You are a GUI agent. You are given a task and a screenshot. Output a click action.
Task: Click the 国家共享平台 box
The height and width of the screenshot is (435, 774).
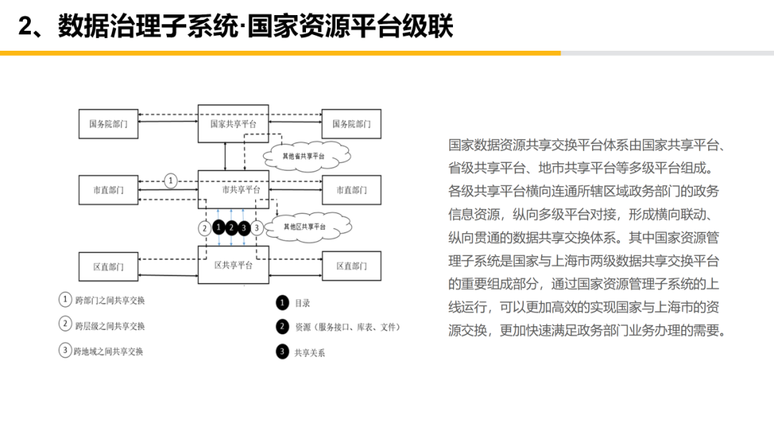[234, 124]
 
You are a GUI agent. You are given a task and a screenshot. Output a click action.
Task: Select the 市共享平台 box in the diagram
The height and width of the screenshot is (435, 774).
[234, 190]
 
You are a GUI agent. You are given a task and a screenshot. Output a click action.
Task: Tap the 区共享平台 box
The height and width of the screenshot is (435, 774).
[234, 265]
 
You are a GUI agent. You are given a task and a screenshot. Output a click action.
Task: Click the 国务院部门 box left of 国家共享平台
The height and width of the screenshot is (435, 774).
[108, 124]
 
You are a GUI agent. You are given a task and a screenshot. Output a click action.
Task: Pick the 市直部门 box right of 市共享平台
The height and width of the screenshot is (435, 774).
[351, 190]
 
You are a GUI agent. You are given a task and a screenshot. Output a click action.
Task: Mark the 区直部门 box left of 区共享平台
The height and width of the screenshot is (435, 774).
[108, 266]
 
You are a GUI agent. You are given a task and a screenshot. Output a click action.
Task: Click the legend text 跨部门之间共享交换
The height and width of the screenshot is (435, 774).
[110, 300]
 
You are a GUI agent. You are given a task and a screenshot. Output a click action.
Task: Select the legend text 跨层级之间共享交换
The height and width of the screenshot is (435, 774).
[110, 326]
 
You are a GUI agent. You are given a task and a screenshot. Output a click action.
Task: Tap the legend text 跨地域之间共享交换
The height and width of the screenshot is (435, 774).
[109, 351]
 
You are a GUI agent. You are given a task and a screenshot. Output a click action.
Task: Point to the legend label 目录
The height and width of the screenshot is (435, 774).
[302, 303]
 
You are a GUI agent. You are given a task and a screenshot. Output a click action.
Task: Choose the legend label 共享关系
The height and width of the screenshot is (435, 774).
[310, 352]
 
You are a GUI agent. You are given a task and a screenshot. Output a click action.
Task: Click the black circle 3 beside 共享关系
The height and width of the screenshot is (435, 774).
[282, 351]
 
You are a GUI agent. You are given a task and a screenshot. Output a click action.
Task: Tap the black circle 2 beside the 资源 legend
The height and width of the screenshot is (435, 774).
[282, 327]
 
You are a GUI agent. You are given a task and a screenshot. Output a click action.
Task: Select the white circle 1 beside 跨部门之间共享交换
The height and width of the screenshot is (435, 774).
[65, 300]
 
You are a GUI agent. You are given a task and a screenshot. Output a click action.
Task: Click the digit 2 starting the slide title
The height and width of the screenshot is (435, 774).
[25, 27]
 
